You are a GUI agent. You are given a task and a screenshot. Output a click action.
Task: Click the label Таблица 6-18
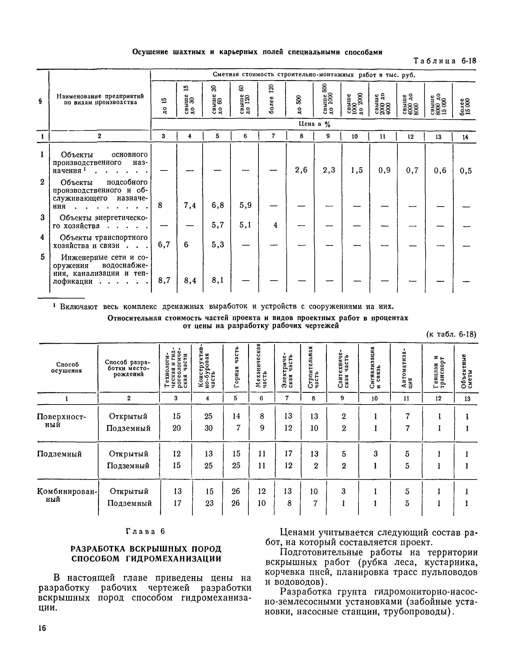(x=445, y=61)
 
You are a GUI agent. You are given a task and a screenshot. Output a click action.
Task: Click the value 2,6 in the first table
(x=301, y=170)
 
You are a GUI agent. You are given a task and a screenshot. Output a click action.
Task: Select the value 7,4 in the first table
(x=190, y=206)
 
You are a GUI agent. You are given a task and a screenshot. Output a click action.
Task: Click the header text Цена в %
(x=314, y=124)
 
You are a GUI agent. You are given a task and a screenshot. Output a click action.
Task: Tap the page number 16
(x=42, y=628)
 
